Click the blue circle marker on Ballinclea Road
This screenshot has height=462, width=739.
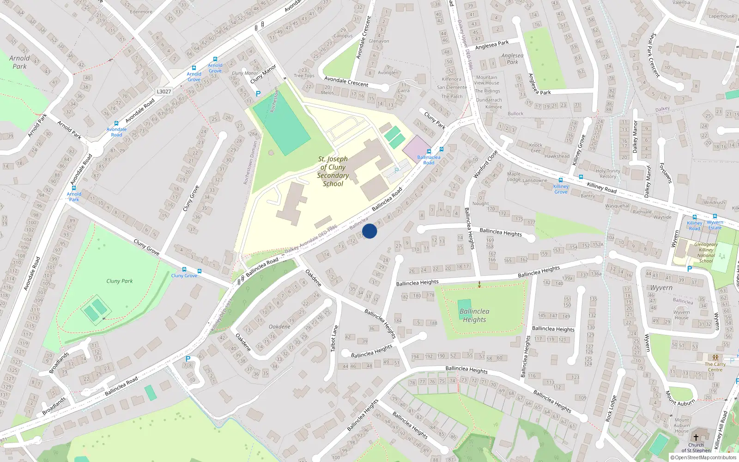click(369, 231)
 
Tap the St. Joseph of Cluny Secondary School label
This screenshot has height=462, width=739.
click(333, 171)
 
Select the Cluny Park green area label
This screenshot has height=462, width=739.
click(119, 281)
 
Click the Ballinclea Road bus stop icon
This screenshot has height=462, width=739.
click(429, 151)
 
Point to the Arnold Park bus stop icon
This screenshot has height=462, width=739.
click(73, 188)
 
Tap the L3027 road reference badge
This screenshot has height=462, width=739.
click(164, 91)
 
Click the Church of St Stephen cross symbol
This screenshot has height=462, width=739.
click(696, 437)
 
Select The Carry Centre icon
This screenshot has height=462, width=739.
click(715, 358)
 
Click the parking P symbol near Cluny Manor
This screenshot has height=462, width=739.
click(258, 94)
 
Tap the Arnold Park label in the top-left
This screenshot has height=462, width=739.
click(19, 62)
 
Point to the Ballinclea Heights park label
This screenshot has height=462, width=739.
click(474, 316)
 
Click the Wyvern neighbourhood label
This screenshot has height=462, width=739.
click(661, 287)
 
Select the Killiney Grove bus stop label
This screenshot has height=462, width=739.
click(561, 189)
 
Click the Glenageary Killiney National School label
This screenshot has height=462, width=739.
click(706, 253)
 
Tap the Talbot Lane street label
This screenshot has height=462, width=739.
click(334, 339)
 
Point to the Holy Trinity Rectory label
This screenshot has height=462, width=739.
click(608, 174)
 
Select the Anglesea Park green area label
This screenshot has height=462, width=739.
click(512, 59)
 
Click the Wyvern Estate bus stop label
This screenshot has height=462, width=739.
click(715, 225)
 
